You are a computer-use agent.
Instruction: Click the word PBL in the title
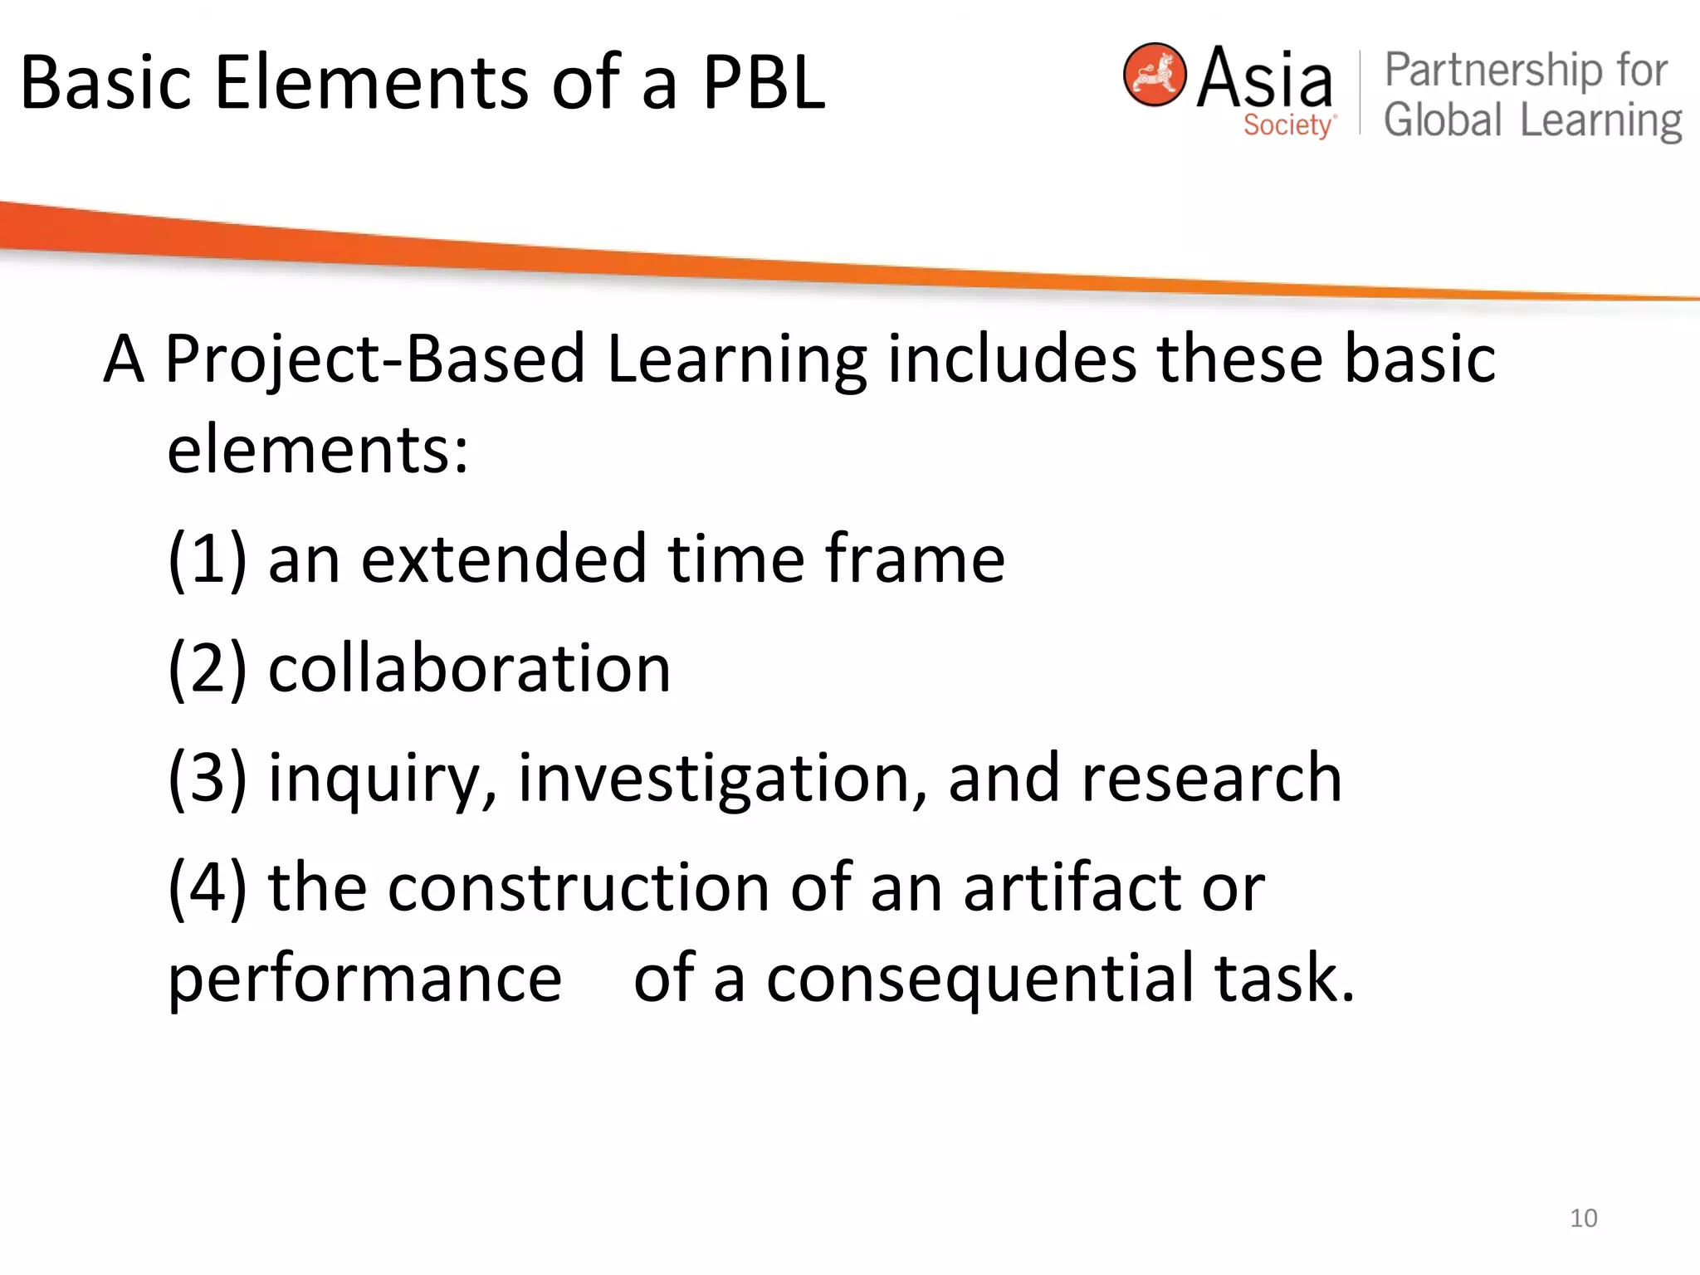[x=764, y=83]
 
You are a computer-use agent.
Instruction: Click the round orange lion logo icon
[x=1154, y=75]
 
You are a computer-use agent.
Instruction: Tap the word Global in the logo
[x=1443, y=120]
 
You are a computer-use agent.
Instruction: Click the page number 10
[x=1583, y=1218]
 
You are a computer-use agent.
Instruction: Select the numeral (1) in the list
[x=208, y=559]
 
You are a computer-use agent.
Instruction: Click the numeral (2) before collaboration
[x=208, y=668]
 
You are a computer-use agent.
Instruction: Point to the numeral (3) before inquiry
[x=208, y=778]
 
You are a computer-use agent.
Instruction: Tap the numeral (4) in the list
[x=208, y=887]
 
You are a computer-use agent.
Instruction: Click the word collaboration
[x=469, y=668]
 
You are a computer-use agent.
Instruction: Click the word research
[x=1211, y=778]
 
